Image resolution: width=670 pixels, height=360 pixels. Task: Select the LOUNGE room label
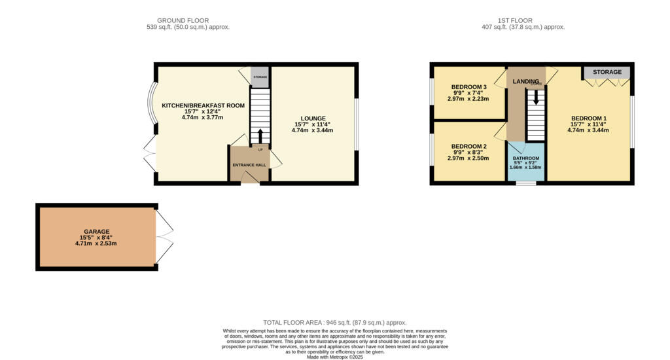[x=312, y=118]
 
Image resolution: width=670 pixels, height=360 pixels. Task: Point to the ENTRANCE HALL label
[x=249, y=165]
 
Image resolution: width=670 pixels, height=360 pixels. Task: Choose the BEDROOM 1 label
[x=588, y=118]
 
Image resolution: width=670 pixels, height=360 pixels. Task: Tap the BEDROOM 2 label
[x=469, y=146]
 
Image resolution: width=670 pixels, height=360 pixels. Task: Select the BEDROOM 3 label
[x=469, y=87]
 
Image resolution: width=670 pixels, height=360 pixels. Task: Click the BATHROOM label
[x=526, y=158]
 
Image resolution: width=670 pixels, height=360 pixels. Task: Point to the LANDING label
[x=525, y=82]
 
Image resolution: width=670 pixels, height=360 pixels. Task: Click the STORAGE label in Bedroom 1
[x=607, y=71]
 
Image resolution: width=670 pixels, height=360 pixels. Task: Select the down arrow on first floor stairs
[x=536, y=98]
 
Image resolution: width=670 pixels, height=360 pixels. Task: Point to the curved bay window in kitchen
[x=152, y=103]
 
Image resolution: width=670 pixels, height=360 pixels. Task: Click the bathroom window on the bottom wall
[x=525, y=183]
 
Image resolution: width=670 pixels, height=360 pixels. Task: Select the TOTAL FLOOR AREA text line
[x=334, y=323]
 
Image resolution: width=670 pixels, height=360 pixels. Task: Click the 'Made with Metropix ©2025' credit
[x=334, y=357]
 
